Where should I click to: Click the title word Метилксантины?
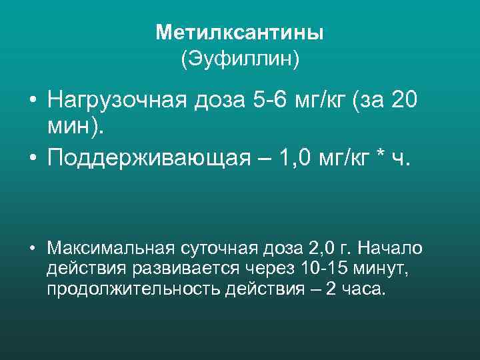pos(240,33)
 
